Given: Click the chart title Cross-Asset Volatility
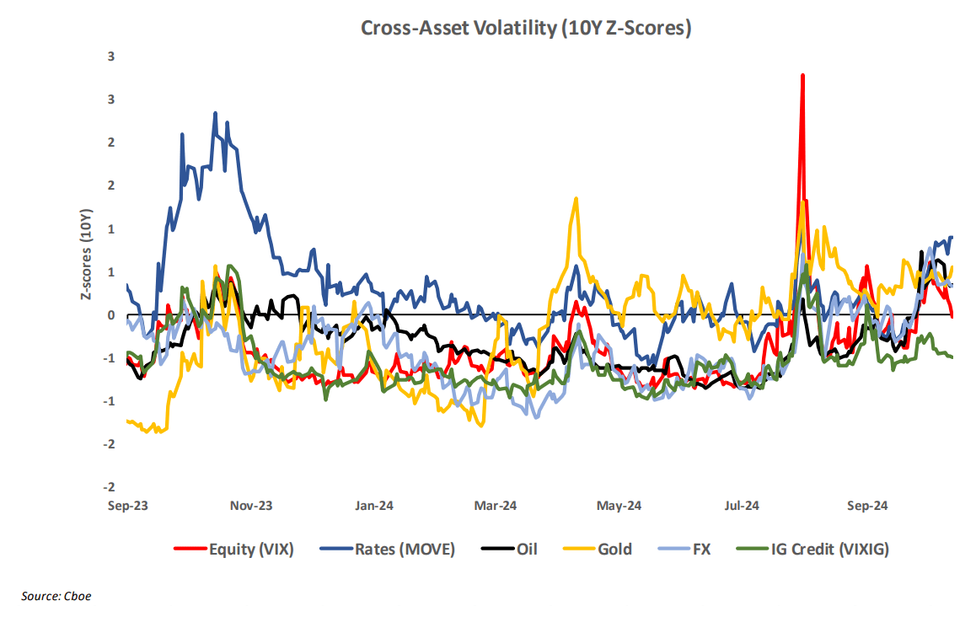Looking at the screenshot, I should click(x=526, y=28).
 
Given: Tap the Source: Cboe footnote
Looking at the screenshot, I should click(x=56, y=596).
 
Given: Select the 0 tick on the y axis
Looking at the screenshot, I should click(x=111, y=315).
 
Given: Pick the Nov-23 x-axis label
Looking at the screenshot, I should click(x=251, y=506).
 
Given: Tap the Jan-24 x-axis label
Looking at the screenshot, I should click(x=373, y=506).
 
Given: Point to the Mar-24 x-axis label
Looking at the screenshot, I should click(x=496, y=506).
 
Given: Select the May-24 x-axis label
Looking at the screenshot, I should click(x=619, y=506).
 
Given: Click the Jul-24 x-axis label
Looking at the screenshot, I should click(x=741, y=506).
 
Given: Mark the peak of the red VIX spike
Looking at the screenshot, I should click(x=802, y=75).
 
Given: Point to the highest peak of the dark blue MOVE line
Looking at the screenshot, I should click(x=215, y=113).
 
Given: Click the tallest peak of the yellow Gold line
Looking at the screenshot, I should click(x=576, y=199).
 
